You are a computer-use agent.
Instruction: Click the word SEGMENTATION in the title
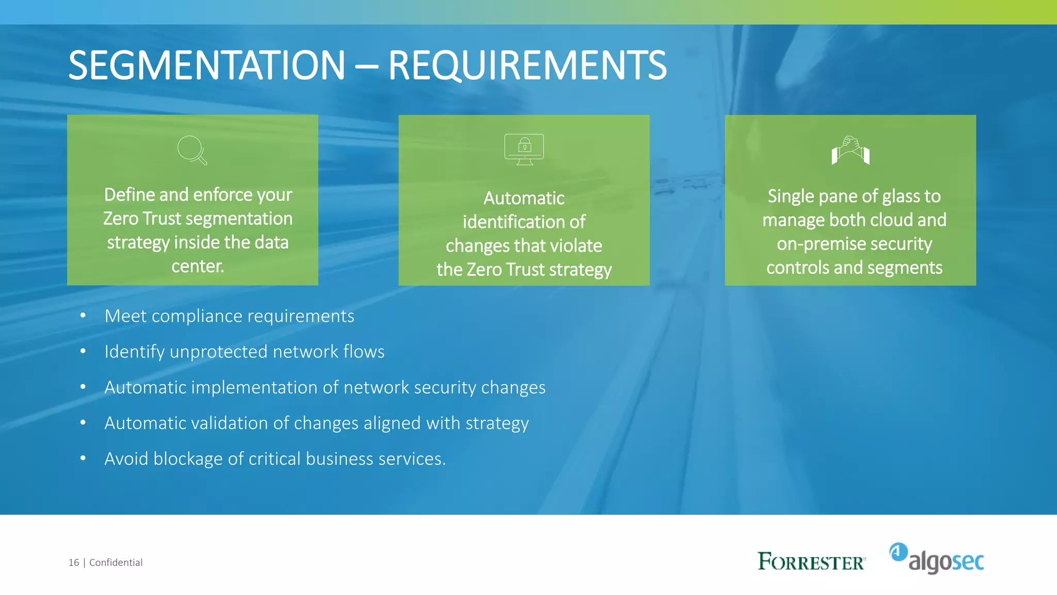pyautogui.click(x=206, y=66)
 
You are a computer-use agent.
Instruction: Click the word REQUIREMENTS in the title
pyautogui.click(x=527, y=66)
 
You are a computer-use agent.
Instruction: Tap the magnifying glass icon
pyautogui.click(x=192, y=150)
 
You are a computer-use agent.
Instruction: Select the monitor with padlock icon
pyautogui.click(x=524, y=149)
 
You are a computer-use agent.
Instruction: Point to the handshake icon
pyautogui.click(x=851, y=150)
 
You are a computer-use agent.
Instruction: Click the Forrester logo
pyautogui.click(x=811, y=561)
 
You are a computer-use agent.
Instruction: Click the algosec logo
pyautogui.click(x=937, y=559)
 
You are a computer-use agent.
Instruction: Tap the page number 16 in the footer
pyautogui.click(x=74, y=562)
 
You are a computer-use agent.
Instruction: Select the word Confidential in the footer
pyautogui.click(x=116, y=562)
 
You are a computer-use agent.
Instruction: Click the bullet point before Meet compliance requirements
pyautogui.click(x=83, y=315)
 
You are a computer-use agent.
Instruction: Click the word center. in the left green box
pyautogui.click(x=198, y=266)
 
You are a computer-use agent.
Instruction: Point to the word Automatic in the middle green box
pyautogui.click(x=524, y=198)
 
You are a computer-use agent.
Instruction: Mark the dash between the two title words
pyautogui.click(x=366, y=66)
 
